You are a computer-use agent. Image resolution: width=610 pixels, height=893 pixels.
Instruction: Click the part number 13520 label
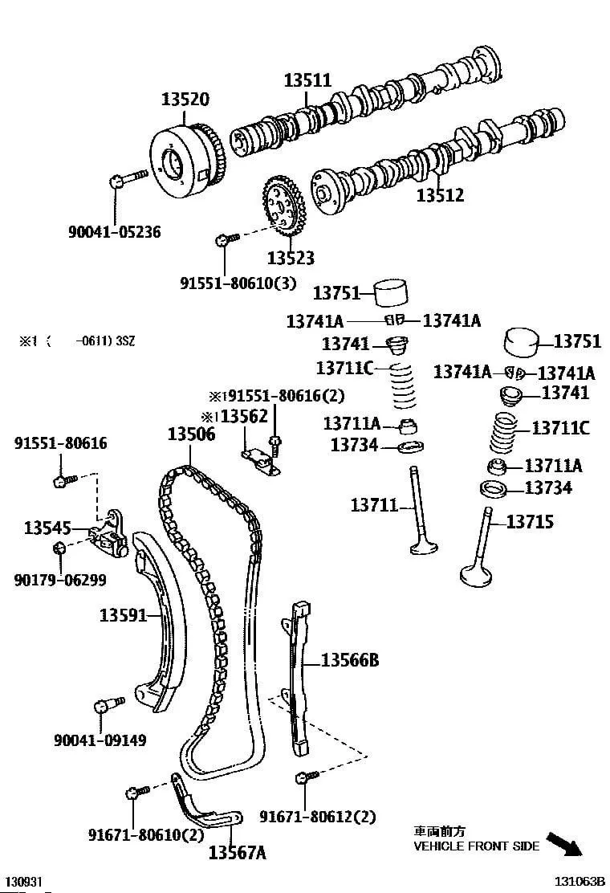click(185, 100)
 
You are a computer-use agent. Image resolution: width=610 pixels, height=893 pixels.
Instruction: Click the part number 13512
click(440, 195)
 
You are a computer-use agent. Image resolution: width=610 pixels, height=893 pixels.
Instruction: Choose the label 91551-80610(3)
click(226, 283)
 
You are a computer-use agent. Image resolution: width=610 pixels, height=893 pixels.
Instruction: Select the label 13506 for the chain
click(191, 434)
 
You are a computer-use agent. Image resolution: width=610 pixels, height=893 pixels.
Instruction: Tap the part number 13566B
click(349, 661)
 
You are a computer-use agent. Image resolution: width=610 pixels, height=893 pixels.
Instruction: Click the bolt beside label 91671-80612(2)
click(303, 777)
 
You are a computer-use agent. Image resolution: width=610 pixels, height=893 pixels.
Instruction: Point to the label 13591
click(124, 616)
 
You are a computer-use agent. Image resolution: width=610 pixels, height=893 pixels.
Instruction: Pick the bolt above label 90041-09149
click(103, 706)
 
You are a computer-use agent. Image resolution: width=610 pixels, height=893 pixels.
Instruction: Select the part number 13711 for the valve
click(374, 505)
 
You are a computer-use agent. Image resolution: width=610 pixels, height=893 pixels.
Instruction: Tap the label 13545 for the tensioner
click(47, 528)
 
